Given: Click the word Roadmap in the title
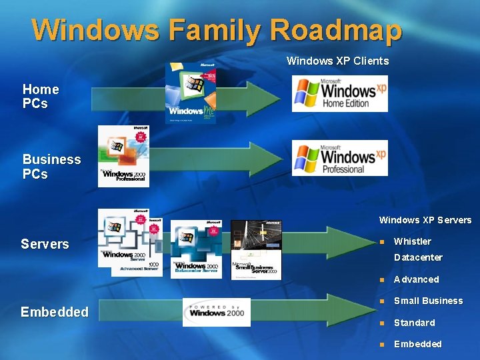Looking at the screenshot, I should (336, 30).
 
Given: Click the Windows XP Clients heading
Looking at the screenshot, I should (337, 61).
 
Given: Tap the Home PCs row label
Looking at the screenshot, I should (41, 96).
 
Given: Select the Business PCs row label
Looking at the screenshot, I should (51, 167).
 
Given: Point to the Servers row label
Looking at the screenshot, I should (45, 244).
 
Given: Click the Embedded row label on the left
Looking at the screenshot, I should (54, 312).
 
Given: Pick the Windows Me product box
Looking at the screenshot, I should (191, 93).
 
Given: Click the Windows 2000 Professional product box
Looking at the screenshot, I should (123, 156).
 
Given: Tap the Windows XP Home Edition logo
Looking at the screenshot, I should (339, 93).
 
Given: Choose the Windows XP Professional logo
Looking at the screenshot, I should (339, 158).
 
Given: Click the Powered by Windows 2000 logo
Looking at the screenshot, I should (217, 312).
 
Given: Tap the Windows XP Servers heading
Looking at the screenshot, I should (425, 220).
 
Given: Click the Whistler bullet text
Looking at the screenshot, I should (412, 241).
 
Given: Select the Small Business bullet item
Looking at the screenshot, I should (427, 301).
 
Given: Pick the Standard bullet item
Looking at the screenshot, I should (414, 323).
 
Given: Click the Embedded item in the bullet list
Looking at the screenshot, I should (417, 344).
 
